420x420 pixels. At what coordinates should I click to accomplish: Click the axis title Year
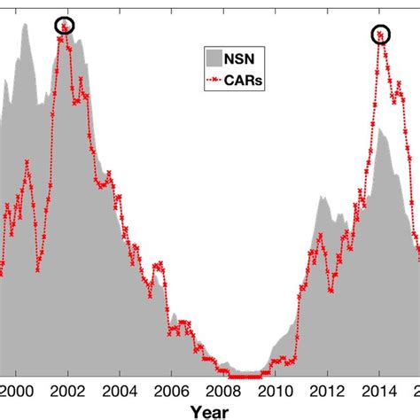click(209, 410)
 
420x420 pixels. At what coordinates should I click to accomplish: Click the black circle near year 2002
click(65, 26)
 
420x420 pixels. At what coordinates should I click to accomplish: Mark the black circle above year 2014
click(381, 35)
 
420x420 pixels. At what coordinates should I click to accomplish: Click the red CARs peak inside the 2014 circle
click(381, 35)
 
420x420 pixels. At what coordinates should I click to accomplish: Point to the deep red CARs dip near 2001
click(38, 270)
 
